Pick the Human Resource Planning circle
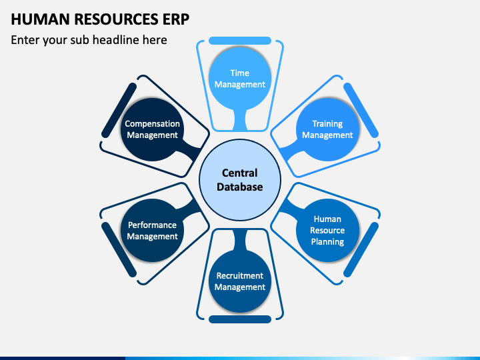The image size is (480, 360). click(x=327, y=230)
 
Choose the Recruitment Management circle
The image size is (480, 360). click(x=240, y=281)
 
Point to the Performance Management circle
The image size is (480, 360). click(x=152, y=230)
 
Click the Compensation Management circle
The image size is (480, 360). click(x=152, y=129)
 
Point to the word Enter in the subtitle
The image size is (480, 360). click(x=25, y=40)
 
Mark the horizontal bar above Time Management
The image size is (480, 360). click(x=240, y=41)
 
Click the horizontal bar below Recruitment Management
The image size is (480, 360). click(x=240, y=319)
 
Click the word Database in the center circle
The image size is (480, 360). click(x=240, y=187)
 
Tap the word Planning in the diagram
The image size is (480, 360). click(x=327, y=241)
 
